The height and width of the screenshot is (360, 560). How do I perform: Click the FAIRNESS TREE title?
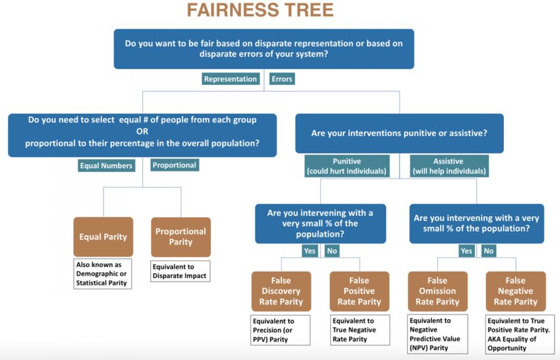click(x=260, y=10)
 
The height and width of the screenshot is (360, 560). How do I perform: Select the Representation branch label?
click(x=231, y=79)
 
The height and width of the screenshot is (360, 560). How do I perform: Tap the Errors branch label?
click(x=282, y=79)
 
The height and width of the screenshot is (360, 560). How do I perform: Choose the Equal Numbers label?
click(x=107, y=165)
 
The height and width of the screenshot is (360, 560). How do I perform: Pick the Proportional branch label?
click(x=175, y=165)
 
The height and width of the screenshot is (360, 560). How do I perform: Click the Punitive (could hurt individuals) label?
click(x=347, y=166)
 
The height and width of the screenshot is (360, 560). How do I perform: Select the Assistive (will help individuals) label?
click(x=449, y=166)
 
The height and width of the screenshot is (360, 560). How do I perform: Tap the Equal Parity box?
click(x=103, y=237)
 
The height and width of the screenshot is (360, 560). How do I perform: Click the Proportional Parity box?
click(x=181, y=237)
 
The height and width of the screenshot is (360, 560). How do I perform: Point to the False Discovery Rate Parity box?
click(x=281, y=291)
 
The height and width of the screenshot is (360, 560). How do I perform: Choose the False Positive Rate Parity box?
click(x=359, y=291)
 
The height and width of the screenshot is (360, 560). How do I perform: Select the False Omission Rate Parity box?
click(x=437, y=291)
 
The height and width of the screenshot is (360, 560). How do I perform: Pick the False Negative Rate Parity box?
click(x=516, y=291)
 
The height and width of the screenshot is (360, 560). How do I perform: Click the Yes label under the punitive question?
click(x=310, y=251)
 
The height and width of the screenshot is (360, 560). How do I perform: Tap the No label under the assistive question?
click(x=489, y=251)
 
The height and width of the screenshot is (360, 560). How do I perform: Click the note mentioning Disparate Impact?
click(x=180, y=272)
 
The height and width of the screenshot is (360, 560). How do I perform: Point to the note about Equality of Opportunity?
click(x=520, y=334)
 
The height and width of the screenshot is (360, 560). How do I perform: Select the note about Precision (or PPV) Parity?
click(x=281, y=330)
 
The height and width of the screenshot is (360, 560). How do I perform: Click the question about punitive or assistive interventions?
click(x=399, y=133)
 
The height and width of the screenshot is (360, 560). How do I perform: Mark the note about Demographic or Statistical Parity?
click(x=103, y=274)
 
